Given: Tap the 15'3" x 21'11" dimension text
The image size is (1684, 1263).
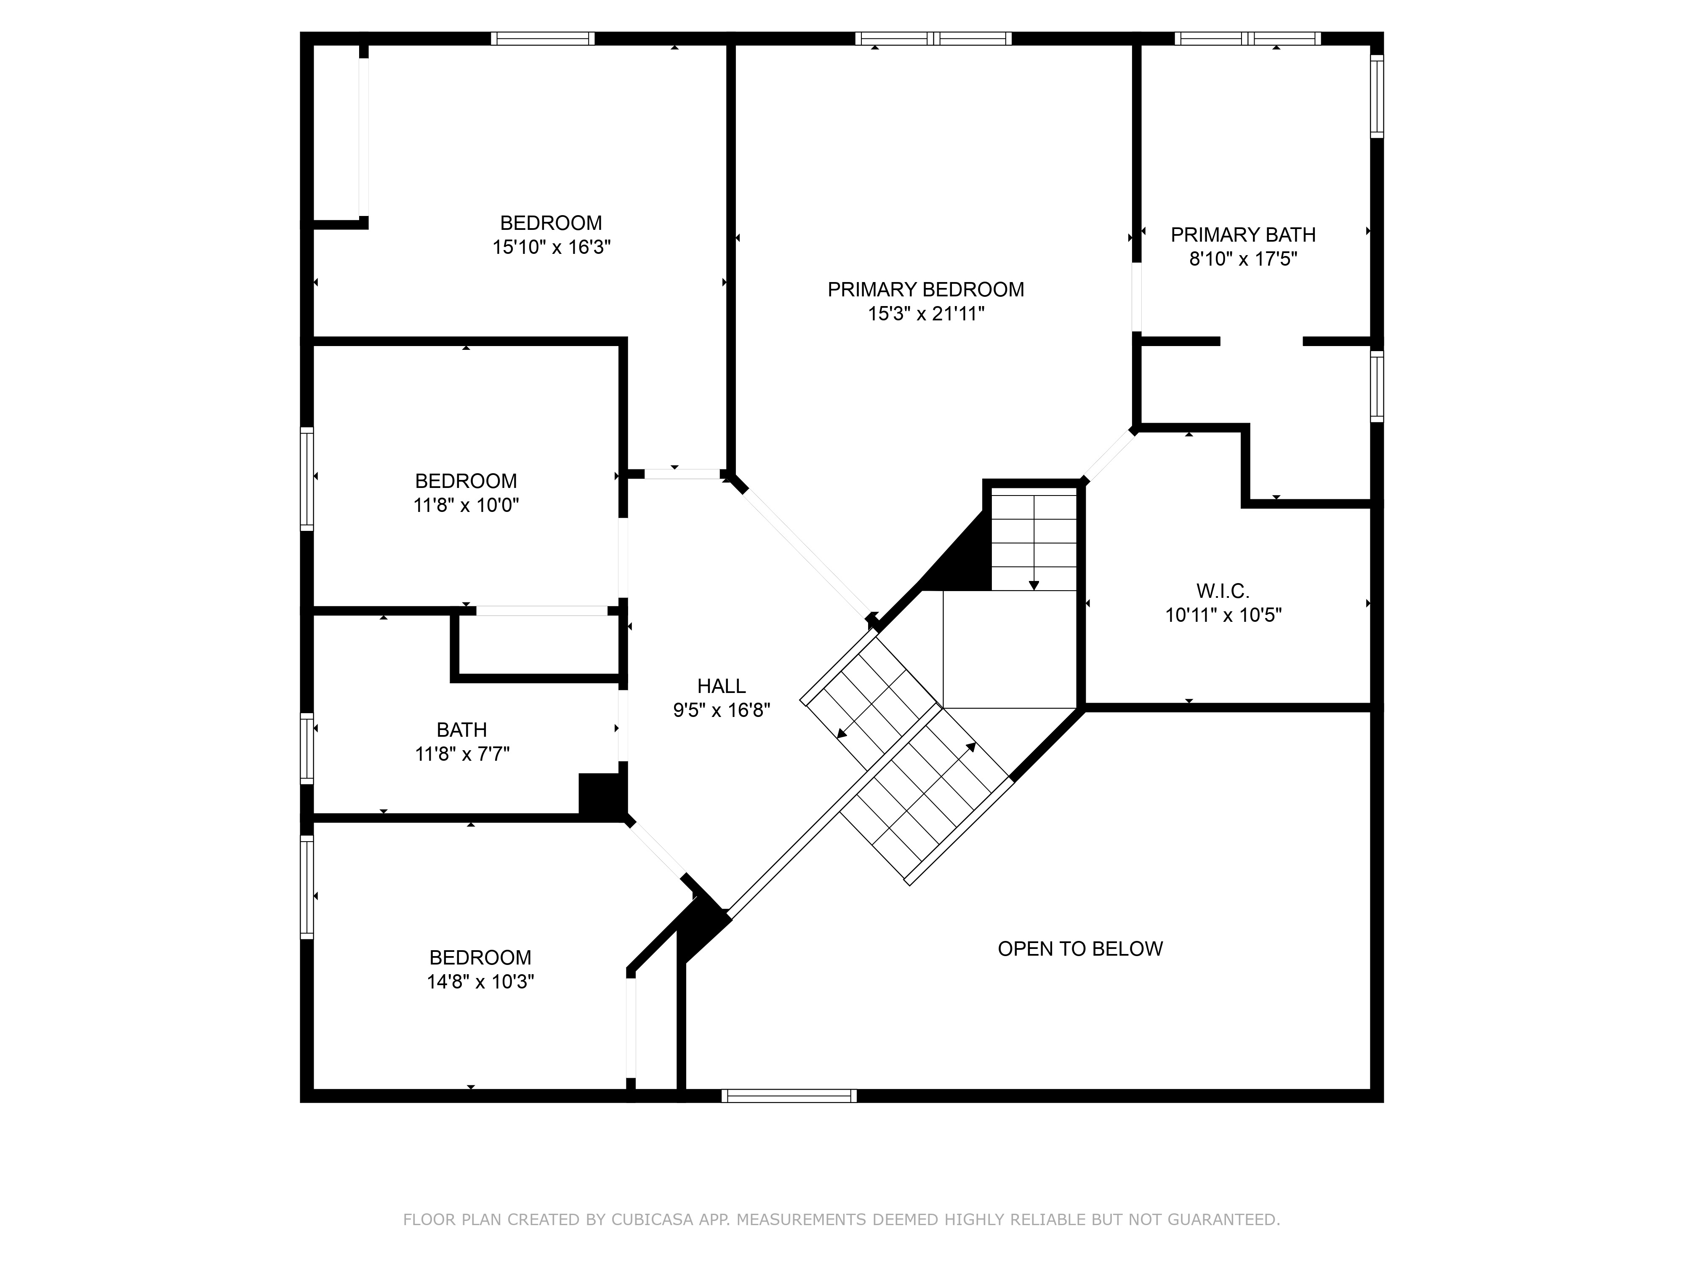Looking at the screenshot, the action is tap(926, 314).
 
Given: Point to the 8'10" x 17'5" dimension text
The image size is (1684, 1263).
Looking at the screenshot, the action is tap(1243, 259).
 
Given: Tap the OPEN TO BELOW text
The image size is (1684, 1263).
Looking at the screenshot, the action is tap(1080, 949).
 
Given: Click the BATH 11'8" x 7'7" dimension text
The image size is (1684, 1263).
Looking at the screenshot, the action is tap(462, 754).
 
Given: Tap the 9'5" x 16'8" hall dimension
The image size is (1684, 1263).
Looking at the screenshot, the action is tap(722, 710).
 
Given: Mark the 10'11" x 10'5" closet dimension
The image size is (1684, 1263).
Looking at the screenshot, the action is tap(1223, 615).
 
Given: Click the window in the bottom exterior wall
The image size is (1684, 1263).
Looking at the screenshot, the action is tap(789, 1096).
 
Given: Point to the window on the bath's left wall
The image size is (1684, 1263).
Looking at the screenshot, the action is tap(307, 749).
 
